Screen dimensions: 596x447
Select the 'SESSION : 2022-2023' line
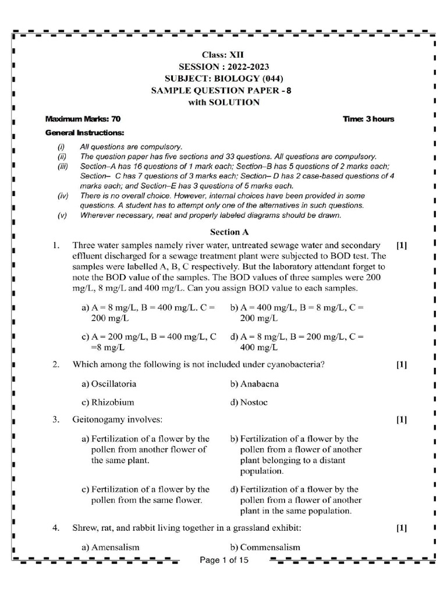(x=223, y=66)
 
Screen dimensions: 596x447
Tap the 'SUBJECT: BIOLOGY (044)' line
(x=223, y=79)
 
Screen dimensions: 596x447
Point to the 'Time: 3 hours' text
(x=368, y=119)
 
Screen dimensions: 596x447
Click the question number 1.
(x=55, y=246)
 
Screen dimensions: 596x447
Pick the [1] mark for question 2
(x=402, y=365)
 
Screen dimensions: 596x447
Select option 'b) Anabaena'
(x=254, y=384)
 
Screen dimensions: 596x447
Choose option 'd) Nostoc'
(x=249, y=402)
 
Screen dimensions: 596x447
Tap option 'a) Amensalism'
(x=111, y=547)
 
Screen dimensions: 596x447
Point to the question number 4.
(x=55, y=528)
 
